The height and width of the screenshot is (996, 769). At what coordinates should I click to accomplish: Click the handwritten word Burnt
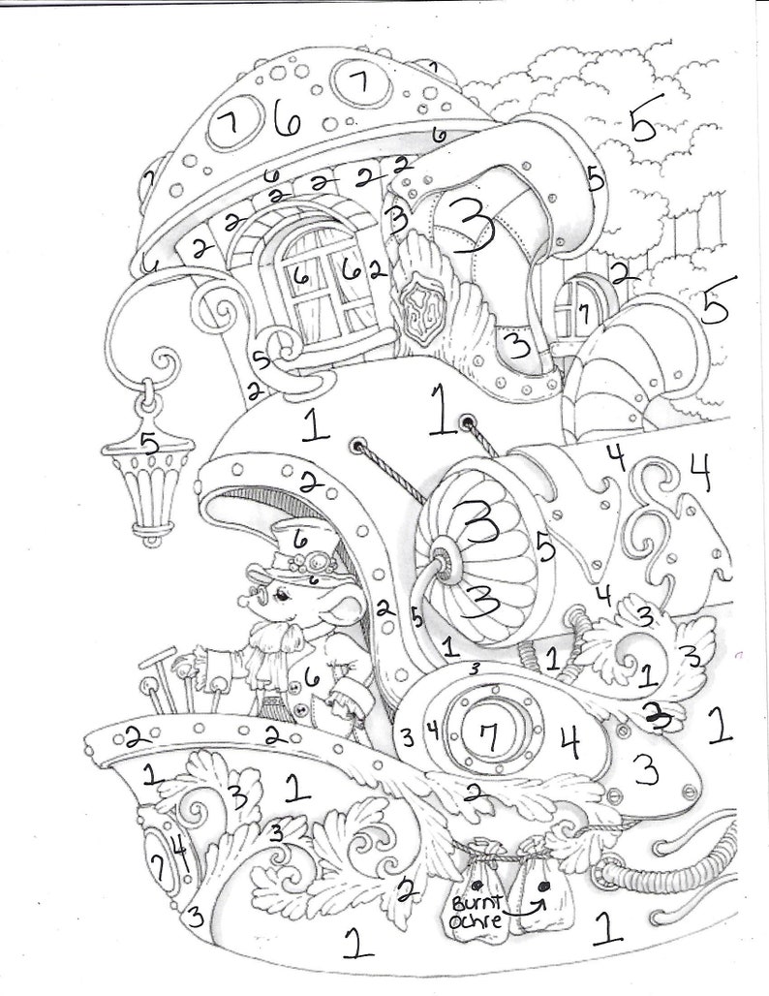472,896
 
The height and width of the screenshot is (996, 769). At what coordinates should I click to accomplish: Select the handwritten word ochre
475,920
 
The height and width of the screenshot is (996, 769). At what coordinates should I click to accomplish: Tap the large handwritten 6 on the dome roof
287,120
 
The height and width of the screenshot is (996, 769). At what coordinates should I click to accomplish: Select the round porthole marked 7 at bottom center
490,738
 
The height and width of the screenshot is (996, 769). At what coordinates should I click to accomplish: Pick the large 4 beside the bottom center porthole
569,742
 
